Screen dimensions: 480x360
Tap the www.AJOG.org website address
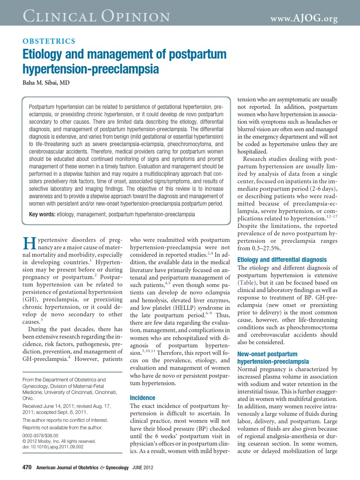pyautogui.click(x=305, y=18)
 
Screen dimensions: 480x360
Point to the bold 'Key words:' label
pyautogui.click(x=42, y=214)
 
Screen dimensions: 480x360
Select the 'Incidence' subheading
pyautogui.click(x=142, y=398)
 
